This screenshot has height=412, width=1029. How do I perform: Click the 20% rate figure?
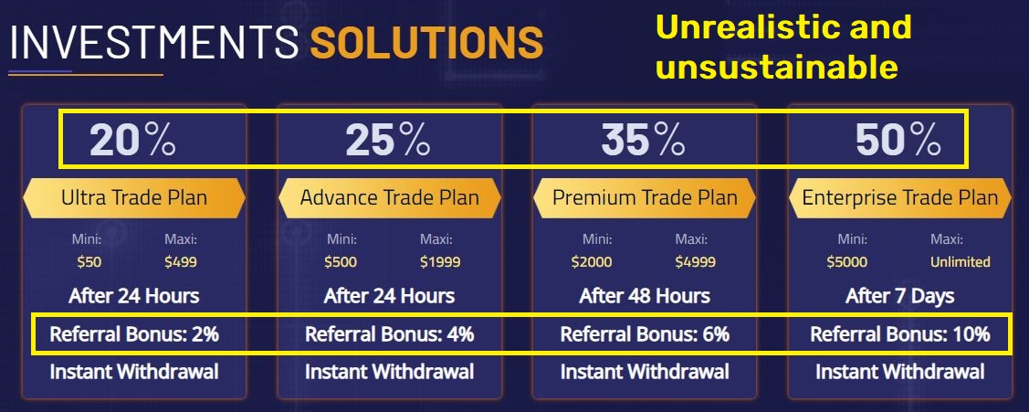(x=132, y=140)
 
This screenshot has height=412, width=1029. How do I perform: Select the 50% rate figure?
(x=898, y=140)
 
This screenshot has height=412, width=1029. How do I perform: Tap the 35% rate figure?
(x=643, y=140)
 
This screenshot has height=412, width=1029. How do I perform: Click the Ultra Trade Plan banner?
(x=133, y=197)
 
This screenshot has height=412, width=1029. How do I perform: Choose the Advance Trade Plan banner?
(x=389, y=197)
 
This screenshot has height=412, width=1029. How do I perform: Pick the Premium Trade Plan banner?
(x=645, y=197)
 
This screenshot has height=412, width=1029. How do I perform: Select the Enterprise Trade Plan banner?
(x=899, y=197)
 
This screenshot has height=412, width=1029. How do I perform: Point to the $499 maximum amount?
(x=181, y=262)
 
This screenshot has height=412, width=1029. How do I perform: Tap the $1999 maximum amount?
(x=439, y=262)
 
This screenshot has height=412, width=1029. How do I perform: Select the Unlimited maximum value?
(x=960, y=262)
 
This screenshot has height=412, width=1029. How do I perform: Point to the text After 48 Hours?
(x=645, y=296)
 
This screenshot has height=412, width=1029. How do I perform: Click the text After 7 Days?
(x=899, y=296)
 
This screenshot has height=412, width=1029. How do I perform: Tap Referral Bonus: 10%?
(x=899, y=334)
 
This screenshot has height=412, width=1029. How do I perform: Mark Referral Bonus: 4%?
(x=389, y=334)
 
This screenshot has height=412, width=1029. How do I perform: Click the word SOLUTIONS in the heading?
(x=426, y=43)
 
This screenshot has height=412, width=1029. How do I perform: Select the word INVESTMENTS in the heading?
(x=153, y=43)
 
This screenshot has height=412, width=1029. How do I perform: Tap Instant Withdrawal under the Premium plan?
(x=645, y=372)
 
